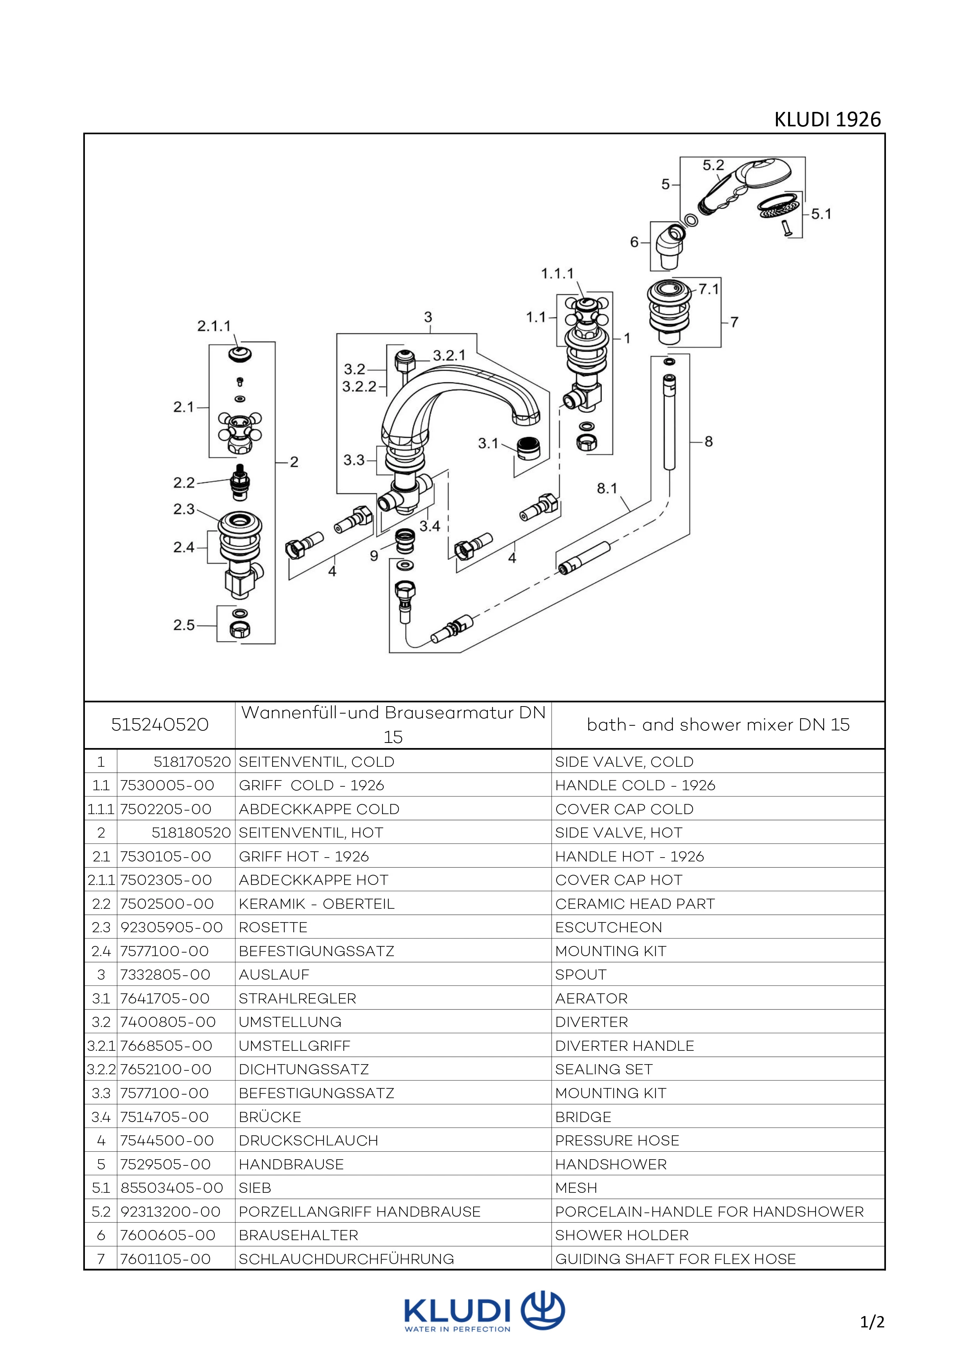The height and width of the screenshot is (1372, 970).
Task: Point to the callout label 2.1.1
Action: [x=214, y=326]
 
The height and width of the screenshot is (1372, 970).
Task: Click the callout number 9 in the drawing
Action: [x=374, y=556]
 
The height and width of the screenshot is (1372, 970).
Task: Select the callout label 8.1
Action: [x=607, y=488]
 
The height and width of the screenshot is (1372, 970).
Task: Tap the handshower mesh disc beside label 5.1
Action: [x=776, y=205]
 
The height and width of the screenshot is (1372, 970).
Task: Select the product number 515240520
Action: [x=160, y=725]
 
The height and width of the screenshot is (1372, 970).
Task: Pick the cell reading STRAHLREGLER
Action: [x=297, y=998]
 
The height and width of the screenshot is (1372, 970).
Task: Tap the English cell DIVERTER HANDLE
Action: [x=624, y=1046]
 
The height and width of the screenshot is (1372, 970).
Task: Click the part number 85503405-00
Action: [x=171, y=1188]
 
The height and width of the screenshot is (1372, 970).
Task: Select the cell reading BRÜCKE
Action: [x=270, y=1117]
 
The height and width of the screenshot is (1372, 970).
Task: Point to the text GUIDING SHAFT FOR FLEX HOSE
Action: [x=675, y=1259]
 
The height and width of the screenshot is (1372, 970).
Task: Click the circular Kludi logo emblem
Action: [x=543, y=1311]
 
